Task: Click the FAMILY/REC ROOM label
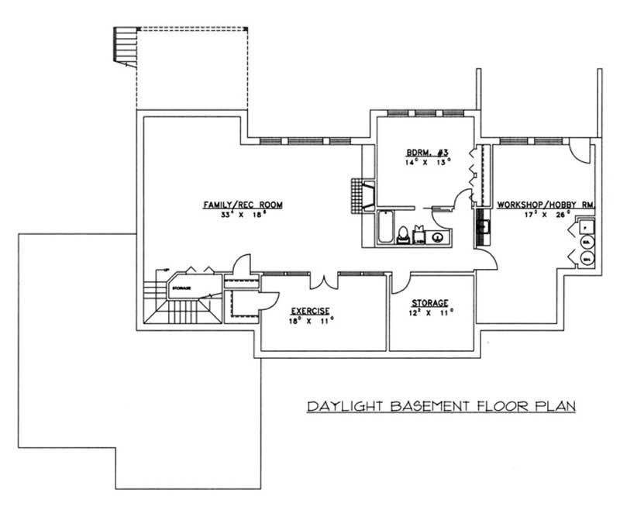(243, 205)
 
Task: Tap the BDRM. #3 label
(419, 152)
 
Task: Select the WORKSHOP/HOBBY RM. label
(546, 205)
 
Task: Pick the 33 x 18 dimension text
(243, 215)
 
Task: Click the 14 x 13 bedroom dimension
(419, 163)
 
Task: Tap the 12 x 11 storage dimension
(431, 314)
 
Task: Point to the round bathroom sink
(438, 237)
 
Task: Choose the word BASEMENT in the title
(422, 405)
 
